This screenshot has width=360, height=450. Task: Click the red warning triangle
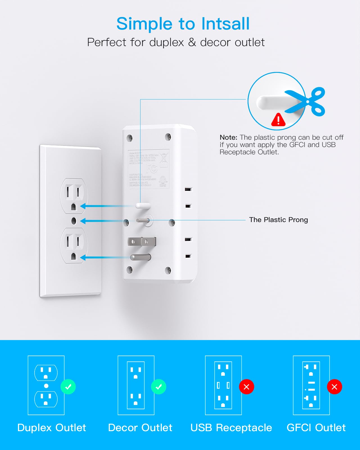[x=278, y=120]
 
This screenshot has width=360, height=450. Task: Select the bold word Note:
[x=228, y=137]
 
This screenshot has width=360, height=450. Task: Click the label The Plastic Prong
[x=278, y=220]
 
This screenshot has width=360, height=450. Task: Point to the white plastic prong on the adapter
[x=143, y=206]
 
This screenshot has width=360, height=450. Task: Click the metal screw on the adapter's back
[x=143, y=221]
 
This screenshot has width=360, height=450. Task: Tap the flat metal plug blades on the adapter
[x=142, y=241]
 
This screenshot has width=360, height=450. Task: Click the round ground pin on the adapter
[x=141, y=257]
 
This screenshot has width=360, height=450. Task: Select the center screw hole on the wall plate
[x=74, y=221]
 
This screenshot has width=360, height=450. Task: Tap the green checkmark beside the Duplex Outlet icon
[x=68, y=387]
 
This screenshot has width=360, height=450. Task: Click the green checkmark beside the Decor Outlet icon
[x=159, y=387]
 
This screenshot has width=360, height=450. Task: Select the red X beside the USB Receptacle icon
[x=246, y=387]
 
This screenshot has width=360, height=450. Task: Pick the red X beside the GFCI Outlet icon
[x=334, y=387]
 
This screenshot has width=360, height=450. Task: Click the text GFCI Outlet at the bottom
[x=316, y=428]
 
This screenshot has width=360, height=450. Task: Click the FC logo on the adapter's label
[x=151, y=169]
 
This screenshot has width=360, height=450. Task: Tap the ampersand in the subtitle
[x=192, y=42]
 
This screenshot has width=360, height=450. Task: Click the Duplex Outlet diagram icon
[x=46, y=385]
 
